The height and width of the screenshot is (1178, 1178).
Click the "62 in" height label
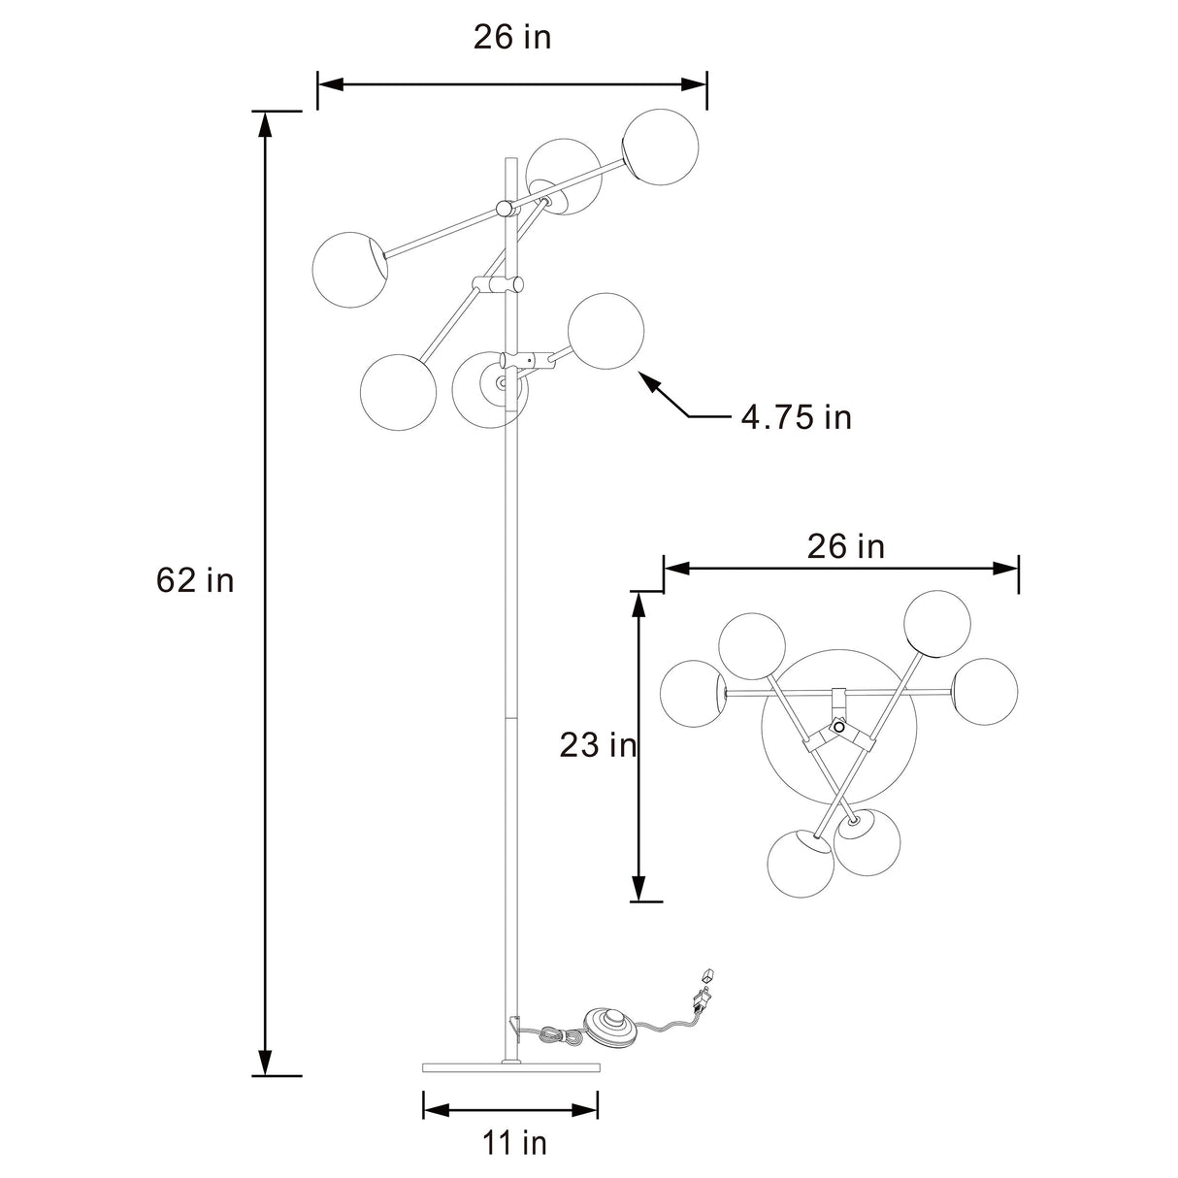[195, 580]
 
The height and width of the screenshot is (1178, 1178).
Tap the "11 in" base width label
[514, 1143]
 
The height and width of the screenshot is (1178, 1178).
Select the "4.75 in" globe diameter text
[796, 417]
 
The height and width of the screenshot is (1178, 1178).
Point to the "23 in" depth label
[598, 745]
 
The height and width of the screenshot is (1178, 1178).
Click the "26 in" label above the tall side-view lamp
[512, 37]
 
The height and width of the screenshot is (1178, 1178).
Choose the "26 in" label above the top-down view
[845, 546]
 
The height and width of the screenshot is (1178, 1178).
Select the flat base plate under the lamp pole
[510, 1068]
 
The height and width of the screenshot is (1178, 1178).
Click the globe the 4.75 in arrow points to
[605, 331]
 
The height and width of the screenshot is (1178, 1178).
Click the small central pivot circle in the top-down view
[839, 728]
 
